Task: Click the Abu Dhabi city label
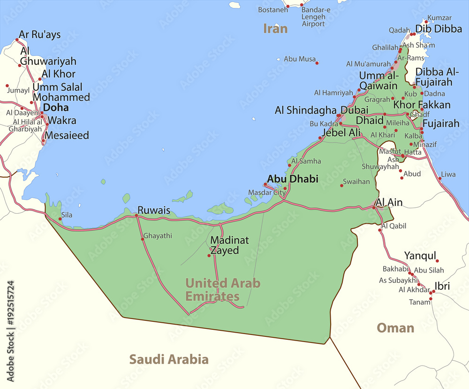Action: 292,179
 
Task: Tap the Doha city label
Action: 56,107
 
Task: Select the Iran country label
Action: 275,29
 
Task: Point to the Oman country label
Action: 395,328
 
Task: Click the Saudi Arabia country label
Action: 169,360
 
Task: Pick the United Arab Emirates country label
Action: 222,289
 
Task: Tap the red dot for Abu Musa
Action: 317,63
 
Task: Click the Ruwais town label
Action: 154,210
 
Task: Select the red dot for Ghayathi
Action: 143,239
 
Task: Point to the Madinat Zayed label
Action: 229,245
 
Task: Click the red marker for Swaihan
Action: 341,186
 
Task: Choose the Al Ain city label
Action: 389,203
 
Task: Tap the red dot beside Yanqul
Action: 437,261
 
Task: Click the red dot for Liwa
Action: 440,179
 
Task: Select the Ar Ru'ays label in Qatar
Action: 39,35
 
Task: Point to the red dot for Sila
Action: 60,219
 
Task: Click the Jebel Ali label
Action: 341,133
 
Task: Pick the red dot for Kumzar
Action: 426,22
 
